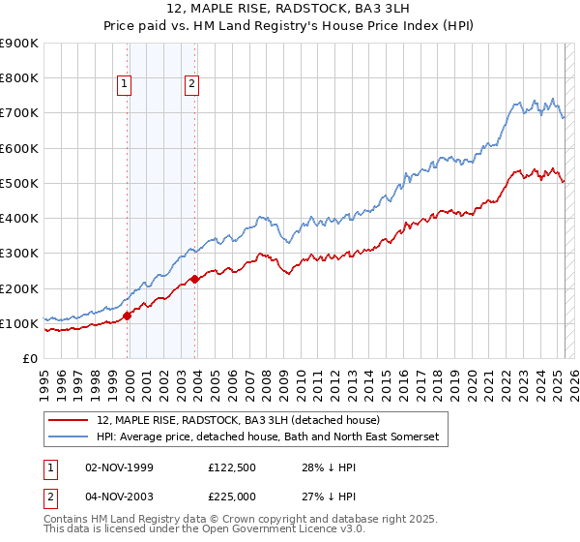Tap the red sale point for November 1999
coord(128,316)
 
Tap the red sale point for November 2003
coord(195,280)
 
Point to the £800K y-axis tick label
coord(19,78)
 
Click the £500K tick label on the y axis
coord(19,183)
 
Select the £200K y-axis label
coord(19,288)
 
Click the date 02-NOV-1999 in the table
coord(120,467)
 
